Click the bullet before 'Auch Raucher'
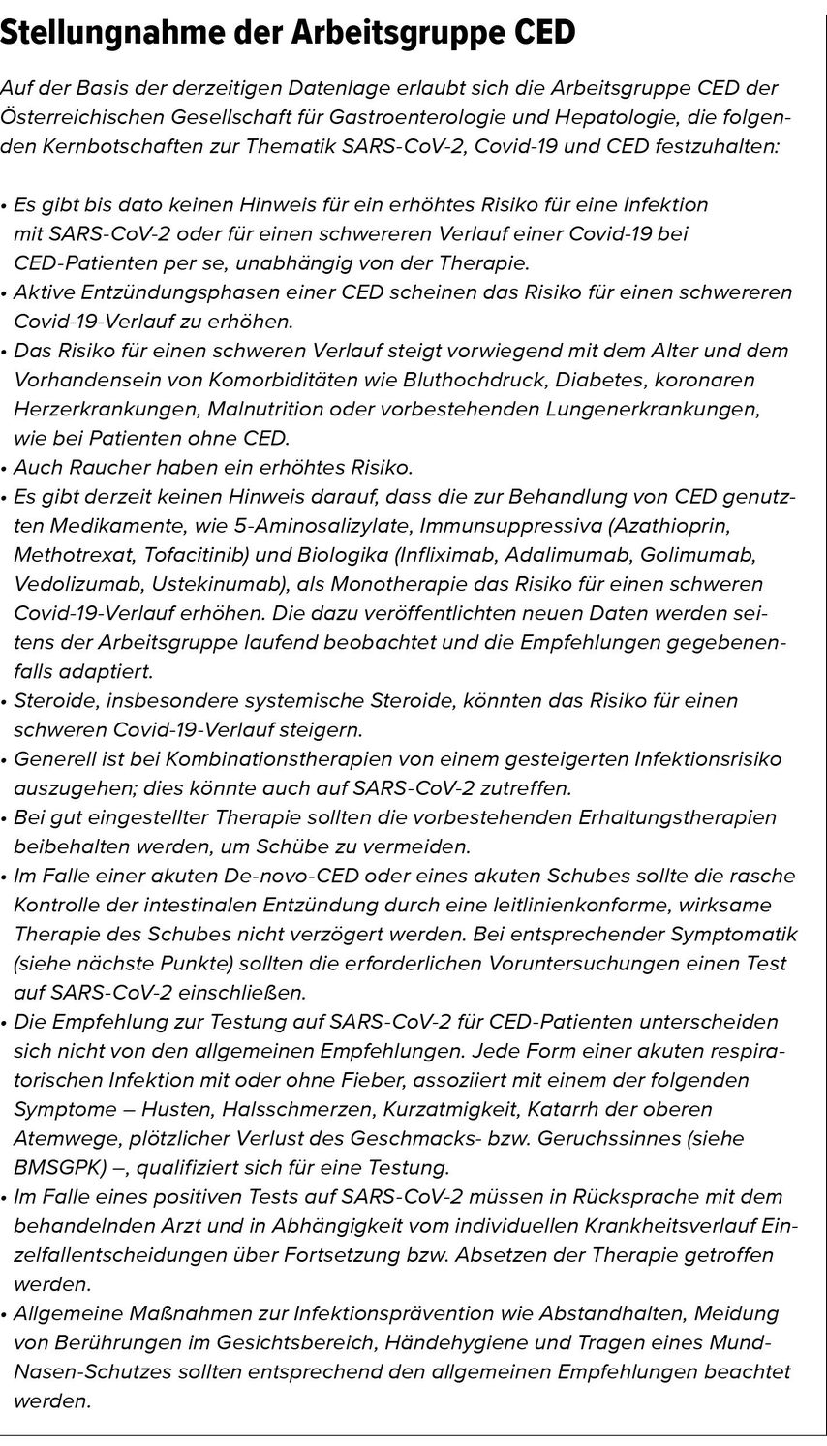(5, 469)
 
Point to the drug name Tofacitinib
(206, 555)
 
